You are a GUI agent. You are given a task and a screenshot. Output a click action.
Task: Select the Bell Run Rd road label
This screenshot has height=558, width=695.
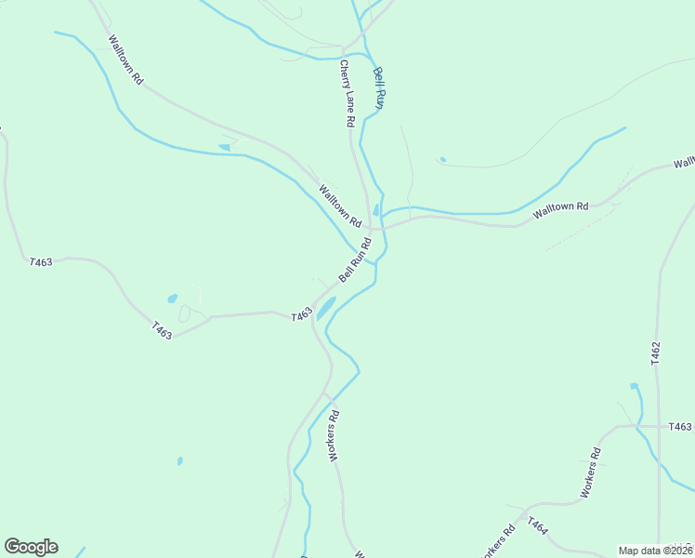point(355,260)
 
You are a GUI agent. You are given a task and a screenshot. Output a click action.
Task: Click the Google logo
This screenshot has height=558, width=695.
point(31,547)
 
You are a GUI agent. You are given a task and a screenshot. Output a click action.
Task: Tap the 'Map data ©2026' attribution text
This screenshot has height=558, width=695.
point(654,551)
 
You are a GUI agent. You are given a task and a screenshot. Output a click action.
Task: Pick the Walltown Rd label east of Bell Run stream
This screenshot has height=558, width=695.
point(561,211)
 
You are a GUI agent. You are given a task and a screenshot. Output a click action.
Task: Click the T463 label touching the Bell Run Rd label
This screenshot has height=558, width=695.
point(300,316)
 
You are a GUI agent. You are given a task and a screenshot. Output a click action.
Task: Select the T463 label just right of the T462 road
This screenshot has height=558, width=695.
point(680,427)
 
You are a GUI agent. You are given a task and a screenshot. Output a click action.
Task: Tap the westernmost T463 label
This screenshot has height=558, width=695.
point(41,262)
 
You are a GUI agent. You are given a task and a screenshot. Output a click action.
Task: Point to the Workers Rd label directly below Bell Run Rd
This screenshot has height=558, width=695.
point(334,435)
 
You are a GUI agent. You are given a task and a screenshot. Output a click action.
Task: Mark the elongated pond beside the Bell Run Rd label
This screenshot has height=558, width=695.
point(326,308)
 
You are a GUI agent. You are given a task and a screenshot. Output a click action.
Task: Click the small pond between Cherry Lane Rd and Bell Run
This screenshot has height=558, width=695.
point(375,210)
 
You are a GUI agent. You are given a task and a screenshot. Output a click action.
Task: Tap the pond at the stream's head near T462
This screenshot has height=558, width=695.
point(635,386)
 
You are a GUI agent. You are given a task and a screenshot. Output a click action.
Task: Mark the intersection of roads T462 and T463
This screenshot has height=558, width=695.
point(657,427)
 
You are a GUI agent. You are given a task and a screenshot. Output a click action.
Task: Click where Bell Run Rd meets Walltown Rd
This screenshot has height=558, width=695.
point(371,229)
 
